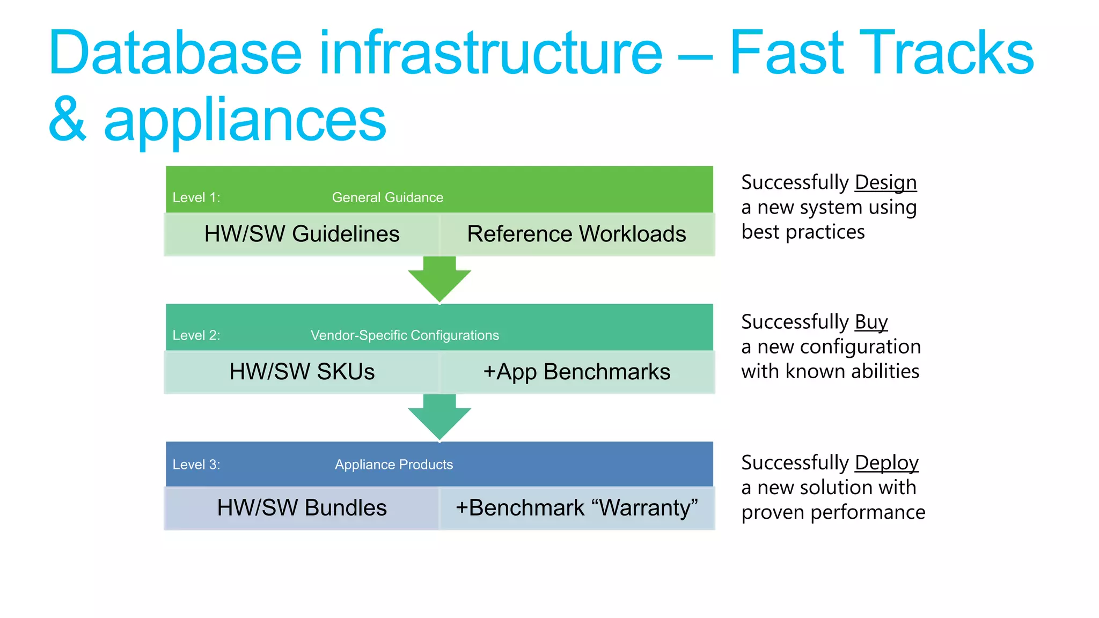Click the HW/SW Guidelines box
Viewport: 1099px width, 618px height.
(x=302, y=234)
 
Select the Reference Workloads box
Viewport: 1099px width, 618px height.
(x=576, y=234)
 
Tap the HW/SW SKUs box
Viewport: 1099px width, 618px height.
(x=302, y=372)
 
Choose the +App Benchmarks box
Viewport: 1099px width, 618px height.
(x=576, y=372)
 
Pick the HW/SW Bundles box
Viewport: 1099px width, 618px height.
(x=302, y=508)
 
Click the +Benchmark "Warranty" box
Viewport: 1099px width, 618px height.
(x=576, y=508)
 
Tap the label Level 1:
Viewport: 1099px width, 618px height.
(x=196, y=197)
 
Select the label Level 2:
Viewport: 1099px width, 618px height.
(x=196, y=335)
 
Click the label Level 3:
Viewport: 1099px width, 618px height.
(x=196, y=465)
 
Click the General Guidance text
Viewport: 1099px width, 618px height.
(x=387, y=197)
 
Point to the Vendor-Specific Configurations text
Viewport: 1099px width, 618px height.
(x=405, y=335)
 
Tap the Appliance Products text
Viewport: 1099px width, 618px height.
(x=394, y=465)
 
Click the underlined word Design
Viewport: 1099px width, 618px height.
(x=885, y=183)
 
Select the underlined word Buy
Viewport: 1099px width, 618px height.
(x=871, y=322)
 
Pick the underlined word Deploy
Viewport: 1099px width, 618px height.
(x=886, y=463)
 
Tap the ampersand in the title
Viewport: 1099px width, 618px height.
(x=67, y=120)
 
